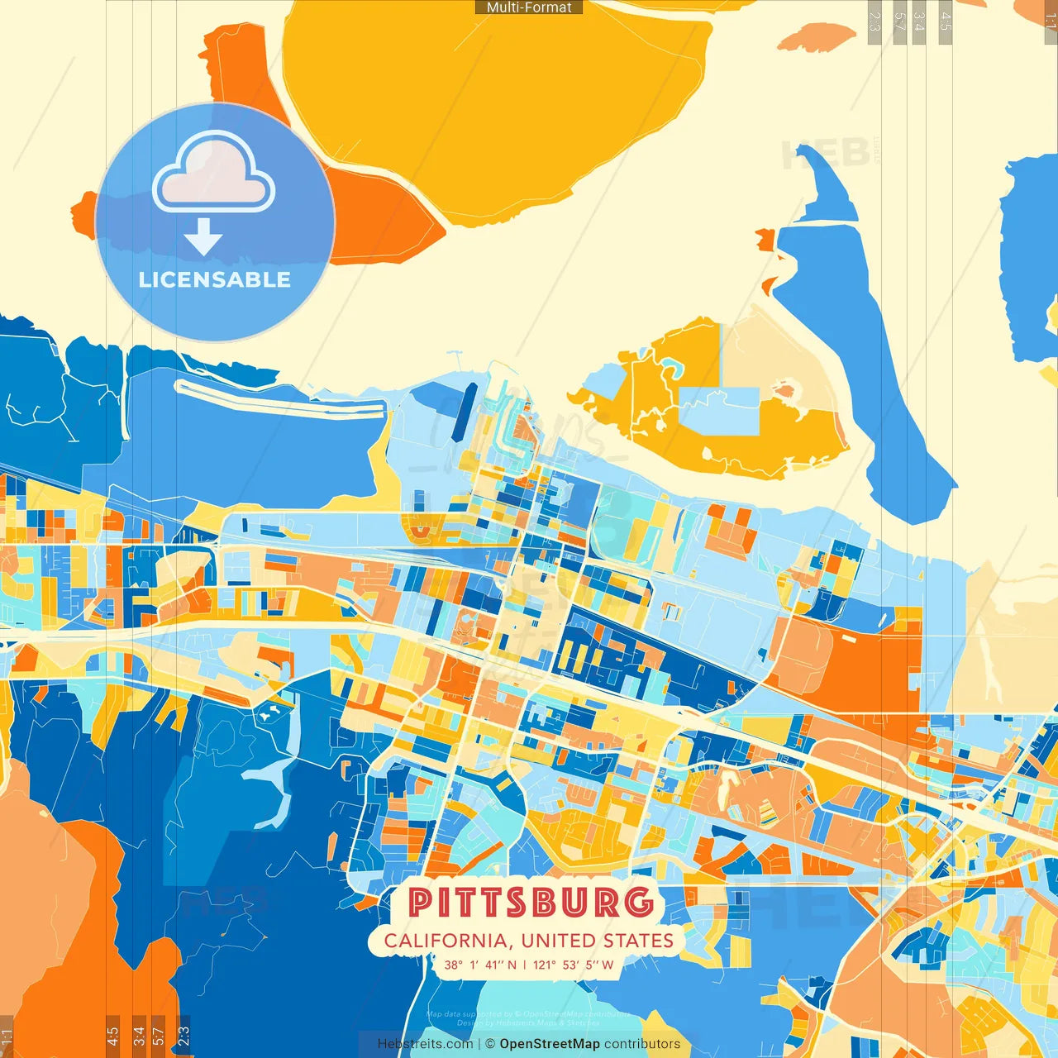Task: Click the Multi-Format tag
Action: (x=529, y=7)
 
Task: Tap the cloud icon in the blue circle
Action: (x=214, y=173)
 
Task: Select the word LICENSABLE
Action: (x=215, y=279)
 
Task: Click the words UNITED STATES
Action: (x=598, y=941)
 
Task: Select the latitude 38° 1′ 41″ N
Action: (x=480, y=965)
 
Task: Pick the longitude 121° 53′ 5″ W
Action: (x=574, y=965)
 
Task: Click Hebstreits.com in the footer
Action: (x=425, y=1044)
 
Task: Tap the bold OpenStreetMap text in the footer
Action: (x=550, y=1044)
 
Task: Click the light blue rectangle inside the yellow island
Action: (x=727, y=411)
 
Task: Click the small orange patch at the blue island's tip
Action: (x=765, y=240)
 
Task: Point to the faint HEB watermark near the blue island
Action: (x=827, y=154)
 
